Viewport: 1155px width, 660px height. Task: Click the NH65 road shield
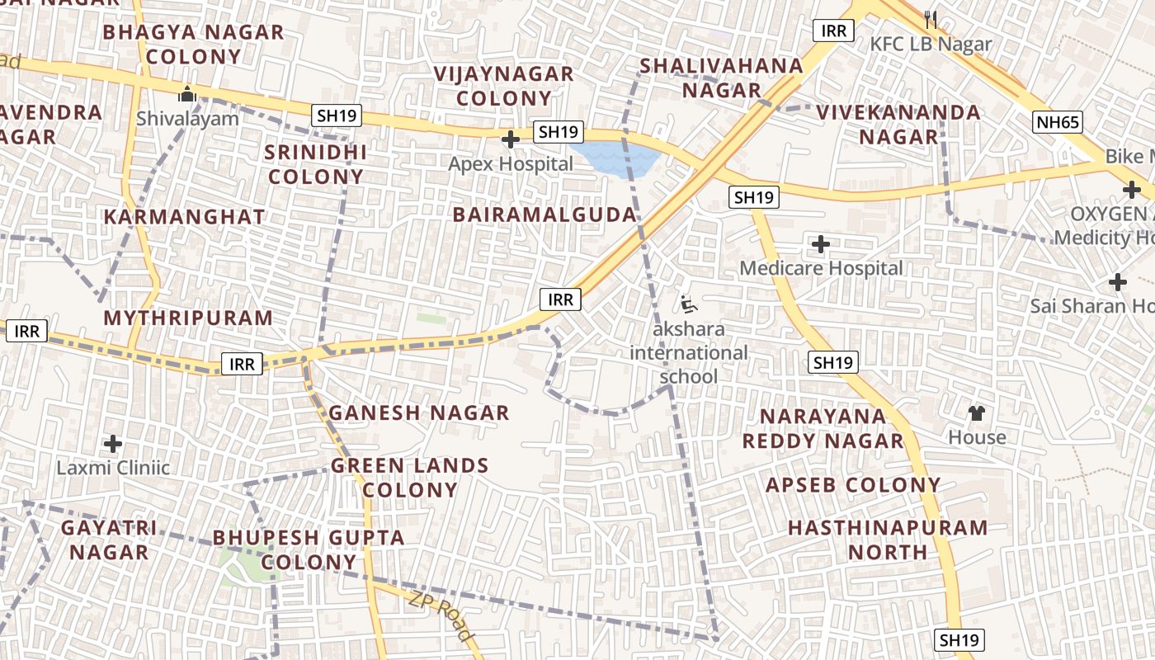click(x=1057, y=123)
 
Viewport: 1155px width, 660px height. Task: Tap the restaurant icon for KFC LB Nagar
click(x=931, y=19)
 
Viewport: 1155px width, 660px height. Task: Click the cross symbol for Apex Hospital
click(x=511, y=139)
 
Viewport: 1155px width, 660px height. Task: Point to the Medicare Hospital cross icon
click(x=821, y=244)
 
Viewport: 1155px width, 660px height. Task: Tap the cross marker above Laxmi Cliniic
click(x=113, y=444)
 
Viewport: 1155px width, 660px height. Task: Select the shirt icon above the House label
click(x=977, y=412)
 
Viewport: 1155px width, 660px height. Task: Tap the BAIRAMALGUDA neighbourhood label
click(x=544, y=214)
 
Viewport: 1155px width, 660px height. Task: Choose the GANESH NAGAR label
click(x=419, y=412)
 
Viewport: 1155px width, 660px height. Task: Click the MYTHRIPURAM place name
click(x=188, y=318)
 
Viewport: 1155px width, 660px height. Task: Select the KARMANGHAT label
click(x=185, y=217)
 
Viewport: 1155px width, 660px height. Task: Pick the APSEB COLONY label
click(x=853, y=485)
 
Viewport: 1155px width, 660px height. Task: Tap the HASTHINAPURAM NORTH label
click(x=888, y=540)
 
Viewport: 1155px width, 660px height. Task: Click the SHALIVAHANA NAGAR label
click(x=721, y=78)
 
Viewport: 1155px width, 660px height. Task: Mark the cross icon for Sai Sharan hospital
click(x=1118, y=282)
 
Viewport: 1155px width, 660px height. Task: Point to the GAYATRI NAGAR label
click(x=109, y=540)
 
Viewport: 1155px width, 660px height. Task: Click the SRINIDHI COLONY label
click(x=316, y=164)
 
